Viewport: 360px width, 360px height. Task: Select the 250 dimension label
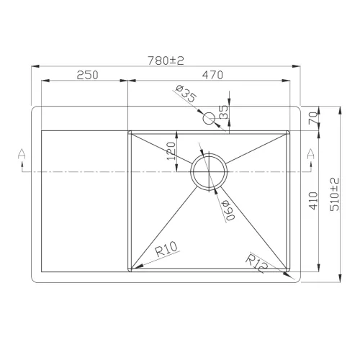point(86,75)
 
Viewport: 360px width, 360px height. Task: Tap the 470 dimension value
point(212,75)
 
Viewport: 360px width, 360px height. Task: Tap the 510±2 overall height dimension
point(333,194)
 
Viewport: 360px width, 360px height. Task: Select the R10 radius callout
point(166,252)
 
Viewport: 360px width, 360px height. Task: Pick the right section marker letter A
point(311,153)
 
